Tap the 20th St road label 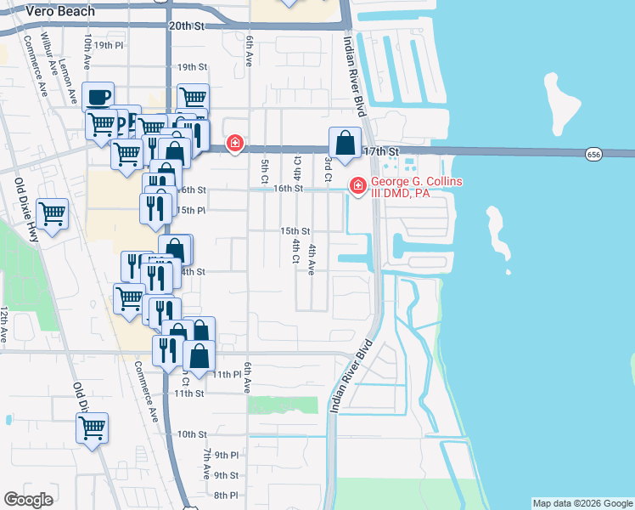pos(187,26)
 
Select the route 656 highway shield pos(594,153)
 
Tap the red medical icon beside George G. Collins pos(357,184)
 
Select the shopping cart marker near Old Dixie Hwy pos(53,213)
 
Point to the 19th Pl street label pos(109,45)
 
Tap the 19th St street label pos(193,66)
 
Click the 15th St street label pos(295,230)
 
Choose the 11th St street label pos(189,394)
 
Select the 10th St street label pos(192,434)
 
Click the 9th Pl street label pos(227,456)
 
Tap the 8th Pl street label pos(227,496)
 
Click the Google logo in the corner pos(28,500)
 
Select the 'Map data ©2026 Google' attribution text pos(582,504)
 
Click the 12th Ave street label pos(4,325)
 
